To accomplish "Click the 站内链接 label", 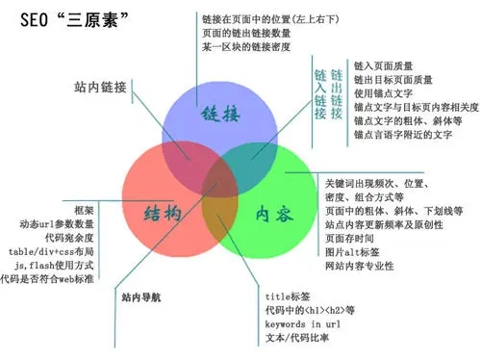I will click(x=100, y=88).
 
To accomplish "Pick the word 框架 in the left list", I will click(x=84, y=209).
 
